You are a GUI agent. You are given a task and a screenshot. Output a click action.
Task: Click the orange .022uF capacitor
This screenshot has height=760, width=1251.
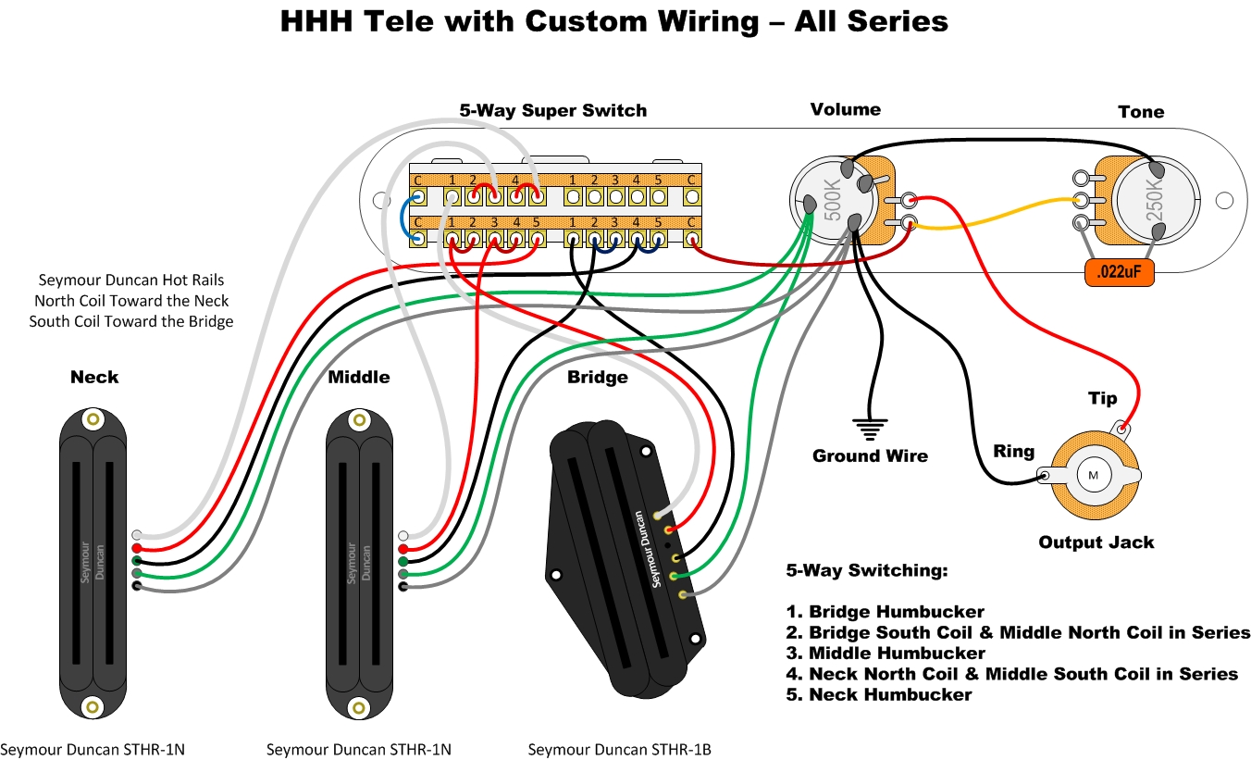pos(1120,274)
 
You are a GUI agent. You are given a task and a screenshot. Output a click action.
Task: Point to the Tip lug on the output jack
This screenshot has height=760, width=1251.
pos(1122,428)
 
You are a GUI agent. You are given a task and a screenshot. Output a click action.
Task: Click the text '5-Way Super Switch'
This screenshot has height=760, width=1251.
pos(553,110)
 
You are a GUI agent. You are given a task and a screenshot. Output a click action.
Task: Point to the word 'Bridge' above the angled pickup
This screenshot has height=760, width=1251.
pos(597,377)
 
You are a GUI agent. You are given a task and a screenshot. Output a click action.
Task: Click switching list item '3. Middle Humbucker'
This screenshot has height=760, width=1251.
pos(885,653)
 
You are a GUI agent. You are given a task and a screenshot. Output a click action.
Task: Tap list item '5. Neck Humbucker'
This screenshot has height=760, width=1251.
pos(878,694)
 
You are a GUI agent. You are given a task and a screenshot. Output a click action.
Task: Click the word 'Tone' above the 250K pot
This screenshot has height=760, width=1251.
pos(1140,111)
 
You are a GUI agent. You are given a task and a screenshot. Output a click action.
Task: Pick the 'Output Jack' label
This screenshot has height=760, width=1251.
pos(1096,542)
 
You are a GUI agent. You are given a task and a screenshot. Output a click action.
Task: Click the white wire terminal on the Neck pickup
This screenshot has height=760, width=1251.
pos(137,535)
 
